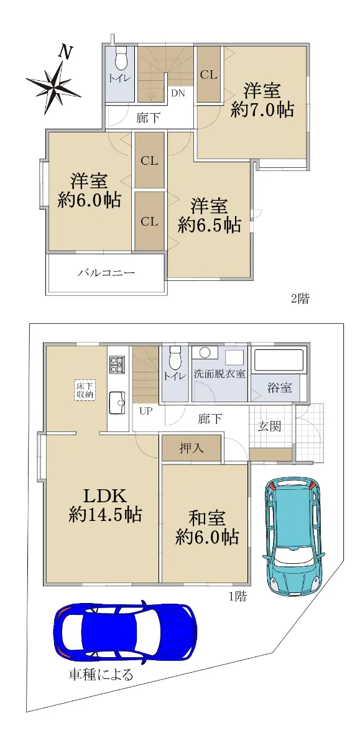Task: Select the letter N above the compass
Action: [x=66, y=52]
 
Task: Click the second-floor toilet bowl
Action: [x=120, y=58]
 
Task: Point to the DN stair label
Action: [x=178, y=93]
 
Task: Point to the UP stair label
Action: [x=146, y=412]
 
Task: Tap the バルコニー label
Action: [x=106, y=274]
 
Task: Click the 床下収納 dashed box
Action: [x=85, y=390]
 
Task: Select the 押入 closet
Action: [x=192, y=448]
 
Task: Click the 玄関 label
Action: [x=270, y=426]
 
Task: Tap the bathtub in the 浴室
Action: [x=279, y=361]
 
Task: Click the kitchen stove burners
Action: [x=118, y=365]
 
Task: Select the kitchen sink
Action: [x=117, y=402]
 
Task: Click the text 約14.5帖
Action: [x=105, y=514]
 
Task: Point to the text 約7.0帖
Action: [x=262, y=109]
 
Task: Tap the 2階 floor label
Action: [x=300, y=298]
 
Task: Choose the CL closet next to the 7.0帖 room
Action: [x=209, y=75]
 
